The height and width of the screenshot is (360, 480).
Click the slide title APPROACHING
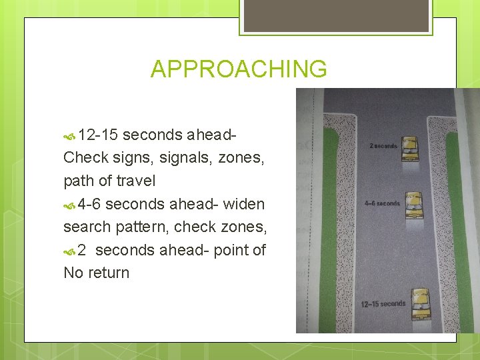pos(239,69)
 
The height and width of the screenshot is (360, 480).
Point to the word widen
pos(244,204)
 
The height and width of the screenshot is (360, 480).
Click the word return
pos(108,273)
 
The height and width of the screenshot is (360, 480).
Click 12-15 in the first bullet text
pos(98,135)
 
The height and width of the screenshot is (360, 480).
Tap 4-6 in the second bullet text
pos(89,204)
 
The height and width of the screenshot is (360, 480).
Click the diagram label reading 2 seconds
pos(383,146)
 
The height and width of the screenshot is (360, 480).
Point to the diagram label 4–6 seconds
pos(382,203)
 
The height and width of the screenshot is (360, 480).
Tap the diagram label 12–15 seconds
pos(383,304)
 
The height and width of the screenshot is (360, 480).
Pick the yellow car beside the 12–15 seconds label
pos(421,305)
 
